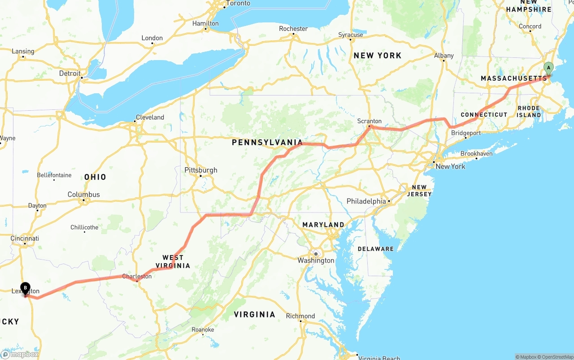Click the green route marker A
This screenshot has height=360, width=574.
coord(548,68)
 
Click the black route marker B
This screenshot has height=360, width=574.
coord(26,287)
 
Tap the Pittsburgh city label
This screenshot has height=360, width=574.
coord(201,170)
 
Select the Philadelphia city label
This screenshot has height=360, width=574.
coord(366,201)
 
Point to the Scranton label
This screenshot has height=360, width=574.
coord(370,121)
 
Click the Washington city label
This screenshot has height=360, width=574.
coord(316,260)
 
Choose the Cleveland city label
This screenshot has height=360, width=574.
coord(150,117)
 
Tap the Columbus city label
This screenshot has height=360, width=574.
coord(84,195)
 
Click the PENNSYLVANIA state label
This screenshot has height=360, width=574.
coord(267,143)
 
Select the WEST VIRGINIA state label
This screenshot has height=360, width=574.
coord(173,261)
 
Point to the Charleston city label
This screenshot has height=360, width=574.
coord(137,277)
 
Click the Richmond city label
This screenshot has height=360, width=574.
coord(300,316)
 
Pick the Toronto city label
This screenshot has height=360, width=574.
coord(238,4)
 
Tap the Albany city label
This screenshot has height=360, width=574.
coord(444,56)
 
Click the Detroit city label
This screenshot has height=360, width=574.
coord(70,74)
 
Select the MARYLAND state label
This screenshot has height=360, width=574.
coord(323,225)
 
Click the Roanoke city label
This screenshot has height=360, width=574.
coord(203,330)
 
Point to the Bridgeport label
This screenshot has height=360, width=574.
coord(466,133)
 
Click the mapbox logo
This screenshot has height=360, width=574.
coord(20,354)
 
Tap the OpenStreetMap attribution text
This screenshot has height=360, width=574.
coord(557,357)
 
